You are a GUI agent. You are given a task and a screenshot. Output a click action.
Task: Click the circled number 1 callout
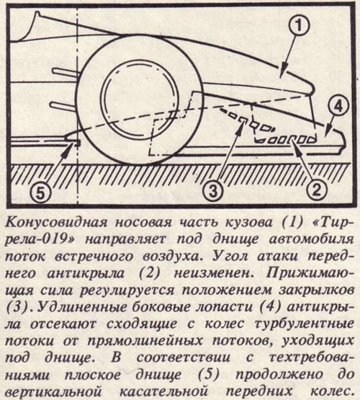pos(299,27)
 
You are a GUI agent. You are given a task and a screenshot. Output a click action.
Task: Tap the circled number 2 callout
pos(316,188)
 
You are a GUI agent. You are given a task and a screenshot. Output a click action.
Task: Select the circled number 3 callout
pos(214,191)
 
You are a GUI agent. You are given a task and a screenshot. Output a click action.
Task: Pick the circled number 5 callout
pos(42,193)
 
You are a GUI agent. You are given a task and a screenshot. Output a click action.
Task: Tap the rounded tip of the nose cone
pos(311,90)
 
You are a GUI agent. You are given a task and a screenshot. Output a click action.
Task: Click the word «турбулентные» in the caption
pos(305,324)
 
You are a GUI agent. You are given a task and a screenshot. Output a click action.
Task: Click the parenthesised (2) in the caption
pos(149,273)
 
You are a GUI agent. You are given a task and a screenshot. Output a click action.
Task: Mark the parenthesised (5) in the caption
pos(208,375)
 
